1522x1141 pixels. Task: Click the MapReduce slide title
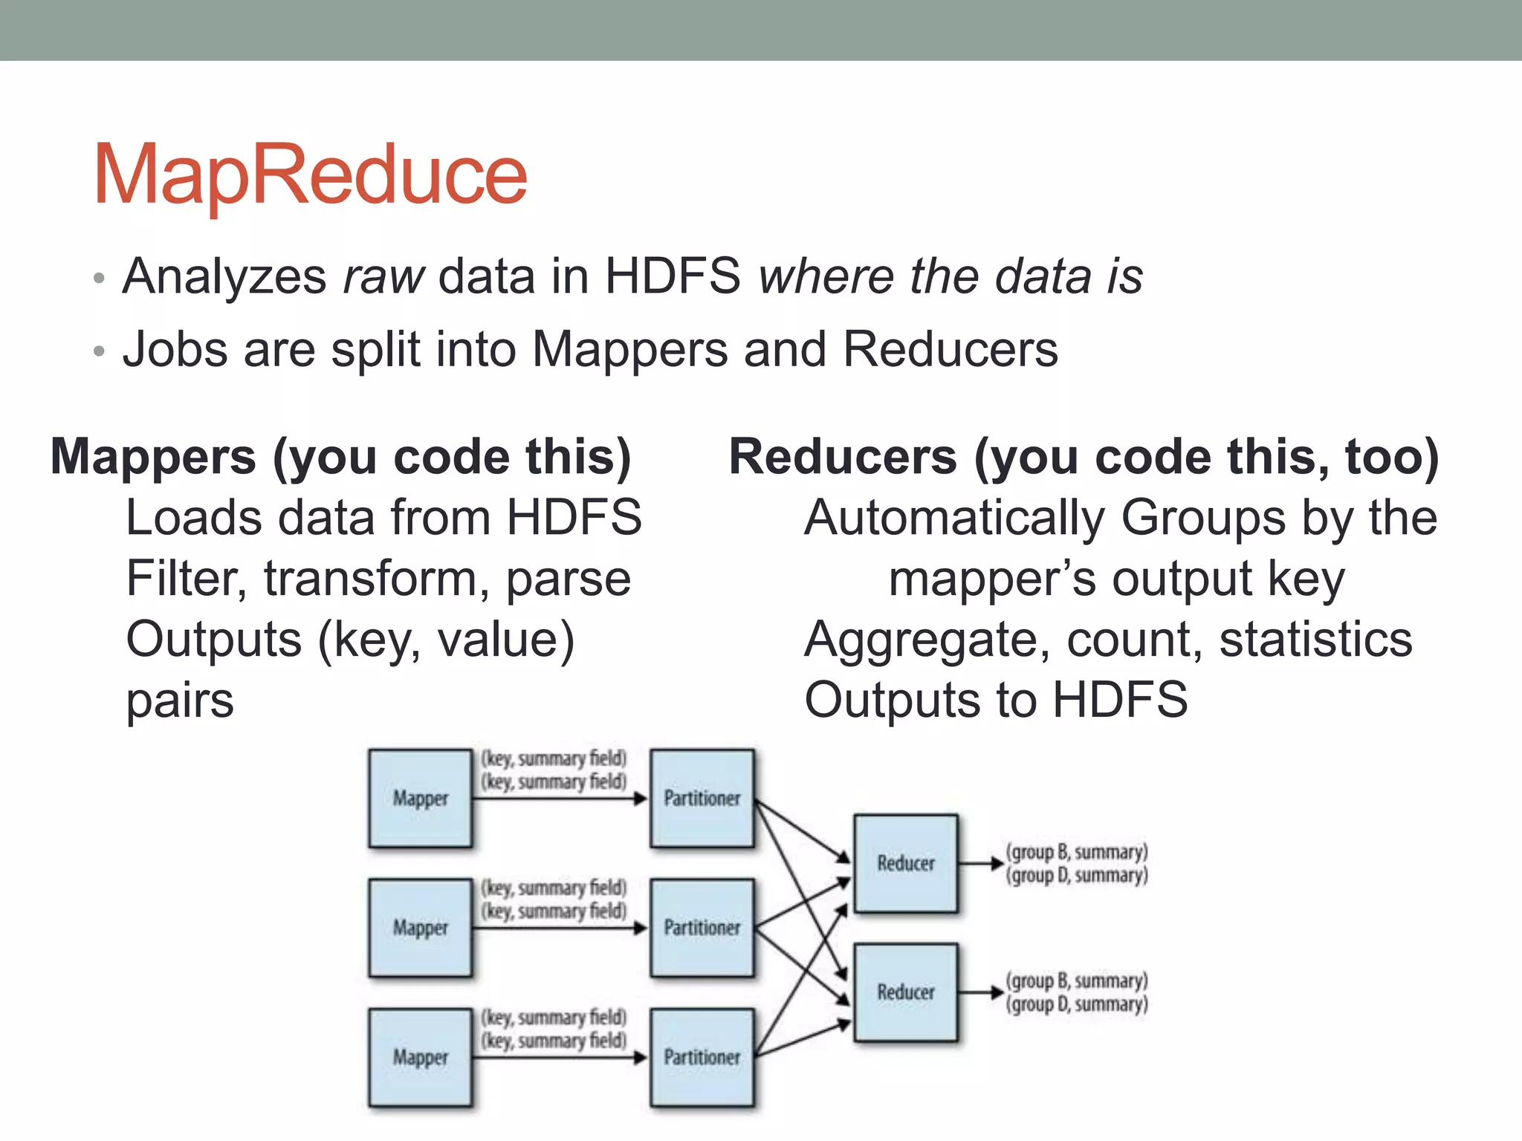[x=310, y=175]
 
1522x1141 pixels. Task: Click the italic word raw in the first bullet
[x=383, y=276]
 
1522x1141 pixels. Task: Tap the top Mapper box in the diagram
[x=421, y=799]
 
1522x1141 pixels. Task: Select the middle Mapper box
[x=421, y=928]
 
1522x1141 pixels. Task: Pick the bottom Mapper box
[x=421, y=1057]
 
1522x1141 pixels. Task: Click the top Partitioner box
[x=702, y=799]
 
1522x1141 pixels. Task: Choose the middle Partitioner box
[x=702, y=928]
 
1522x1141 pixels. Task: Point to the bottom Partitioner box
[x=702, y=1057]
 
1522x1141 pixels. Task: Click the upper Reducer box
[x=906, y=863]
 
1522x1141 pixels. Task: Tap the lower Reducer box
[x=906, y=992]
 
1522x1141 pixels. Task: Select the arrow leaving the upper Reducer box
[x=981, y=863]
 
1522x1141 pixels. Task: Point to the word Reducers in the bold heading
[x=842, y=457]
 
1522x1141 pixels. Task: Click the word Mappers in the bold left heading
[x=152, y=457]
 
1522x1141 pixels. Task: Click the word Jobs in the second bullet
[x=175, y=349]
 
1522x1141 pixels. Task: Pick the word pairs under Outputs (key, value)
[x=180, y=700]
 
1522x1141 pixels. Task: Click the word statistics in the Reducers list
[x=1315, y=640]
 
